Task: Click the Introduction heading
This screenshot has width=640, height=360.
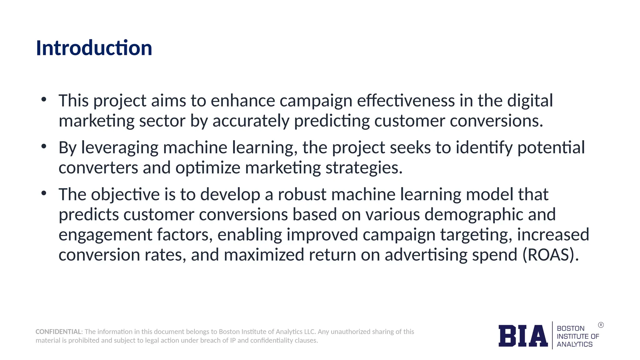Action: click(94, 48)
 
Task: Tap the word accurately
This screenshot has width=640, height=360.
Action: click(251, 121)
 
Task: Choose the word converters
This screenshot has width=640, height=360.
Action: click(98, 168)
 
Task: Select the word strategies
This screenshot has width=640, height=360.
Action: click(364, 168)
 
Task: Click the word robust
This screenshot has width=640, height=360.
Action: click(302, 194)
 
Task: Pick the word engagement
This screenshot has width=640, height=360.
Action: click(105, 235)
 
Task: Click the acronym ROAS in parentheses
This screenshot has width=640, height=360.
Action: click(550, 255)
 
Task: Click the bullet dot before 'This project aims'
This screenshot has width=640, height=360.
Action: click(44, 100)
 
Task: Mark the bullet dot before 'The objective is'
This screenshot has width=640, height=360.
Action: click(44, 193)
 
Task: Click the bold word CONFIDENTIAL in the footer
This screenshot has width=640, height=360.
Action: click(58, 332)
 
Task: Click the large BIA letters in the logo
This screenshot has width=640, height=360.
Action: click(523, 336)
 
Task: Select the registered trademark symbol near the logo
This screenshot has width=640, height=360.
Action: click(601, 325)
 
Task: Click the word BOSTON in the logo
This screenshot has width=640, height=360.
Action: click(571, 328)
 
